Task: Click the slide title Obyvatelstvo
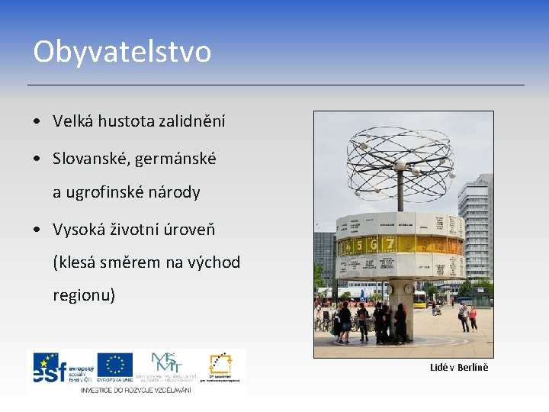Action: [x=122, y=52]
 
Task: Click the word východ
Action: [x=211, y=262]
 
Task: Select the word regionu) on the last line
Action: [x=84, y=295]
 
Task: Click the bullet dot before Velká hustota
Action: [x=37, y=121]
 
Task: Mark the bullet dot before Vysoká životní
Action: [x=37, y=230]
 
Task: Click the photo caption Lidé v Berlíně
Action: [x=458, y=368]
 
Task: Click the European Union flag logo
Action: [x=115, y=367]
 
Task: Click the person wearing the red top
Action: [x=474, y=315]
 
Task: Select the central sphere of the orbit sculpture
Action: [x=400, y=166]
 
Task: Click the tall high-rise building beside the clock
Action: [x=476, y=221]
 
